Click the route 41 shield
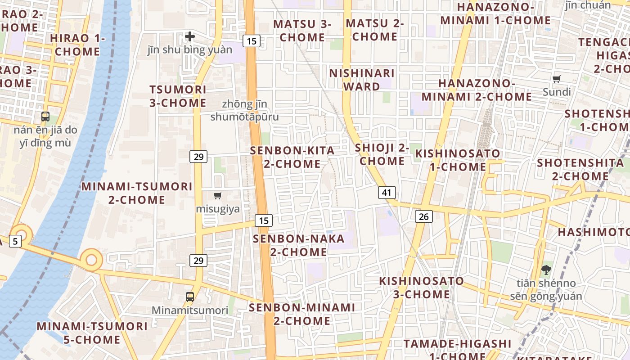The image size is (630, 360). [x=387, y=193]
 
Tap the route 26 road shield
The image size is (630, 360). [x=423, y=217]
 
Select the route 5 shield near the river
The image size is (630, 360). [x=15, y=241]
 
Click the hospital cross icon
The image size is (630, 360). [x=190, y=36]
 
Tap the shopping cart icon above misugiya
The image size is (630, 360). [x=218, y=195]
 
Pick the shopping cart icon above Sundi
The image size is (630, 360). [x=557, y=79]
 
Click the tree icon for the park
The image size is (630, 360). [x=546, y=270]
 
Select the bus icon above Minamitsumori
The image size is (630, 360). [x=190, y=297]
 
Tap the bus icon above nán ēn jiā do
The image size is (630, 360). [x=45, y=117]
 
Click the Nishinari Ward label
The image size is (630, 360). [x=362, y=80]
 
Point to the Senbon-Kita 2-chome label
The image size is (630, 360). [x=292, y=157]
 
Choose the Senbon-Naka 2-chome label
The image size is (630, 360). [x=299, y=245]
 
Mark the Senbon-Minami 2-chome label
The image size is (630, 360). [x=302, y=314]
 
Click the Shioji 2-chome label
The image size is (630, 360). [x=382, y=154]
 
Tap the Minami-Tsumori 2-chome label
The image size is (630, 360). [x=137, y=193]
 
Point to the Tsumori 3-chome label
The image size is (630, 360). [x=178, y=96]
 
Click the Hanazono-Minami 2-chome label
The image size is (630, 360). [x=477, y=90]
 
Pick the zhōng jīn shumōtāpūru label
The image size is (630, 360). [x=244, y=111]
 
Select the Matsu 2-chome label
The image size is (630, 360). [x=375, y=30]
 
